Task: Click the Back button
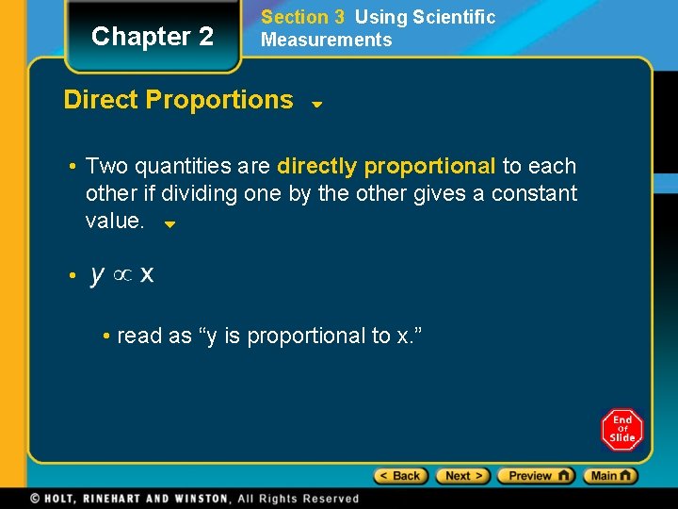tap(401, 476)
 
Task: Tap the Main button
tap(610, 476)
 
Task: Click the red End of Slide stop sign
tap(621, 430)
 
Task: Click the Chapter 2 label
tap(153, 37)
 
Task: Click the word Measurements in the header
tap(326, 40)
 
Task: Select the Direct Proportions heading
tap(178, 100)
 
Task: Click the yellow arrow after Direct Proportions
tap(317, 105)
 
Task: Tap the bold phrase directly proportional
tap(386, 167)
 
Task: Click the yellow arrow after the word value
tap(170, 225)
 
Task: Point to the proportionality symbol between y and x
tap(121, 276)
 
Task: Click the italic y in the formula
tap(97, 275)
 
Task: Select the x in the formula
tap(147, 275)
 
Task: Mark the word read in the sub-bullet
tap(138, 337)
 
